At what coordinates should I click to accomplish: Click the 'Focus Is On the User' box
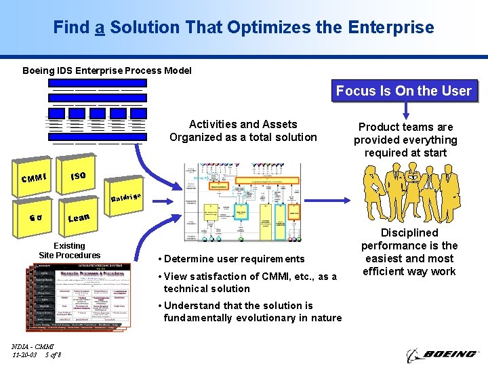(x=404, y=91)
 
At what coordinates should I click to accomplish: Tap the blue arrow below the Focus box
(x=405, y=110)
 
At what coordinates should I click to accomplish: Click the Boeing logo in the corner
(x=443, y=354)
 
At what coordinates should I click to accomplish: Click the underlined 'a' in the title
(x=99, y=28)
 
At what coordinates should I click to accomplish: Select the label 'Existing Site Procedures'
(x=69, y=250)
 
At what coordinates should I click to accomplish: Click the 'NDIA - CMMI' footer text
(x=33, y=346)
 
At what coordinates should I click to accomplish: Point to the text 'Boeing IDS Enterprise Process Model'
(x=107, y=70)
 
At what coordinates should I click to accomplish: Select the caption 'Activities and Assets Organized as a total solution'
(x=243, y=131)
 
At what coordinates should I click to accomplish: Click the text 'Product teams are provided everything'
(x=405, y=140)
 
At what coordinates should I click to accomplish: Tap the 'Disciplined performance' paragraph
(x=409, y=252)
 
